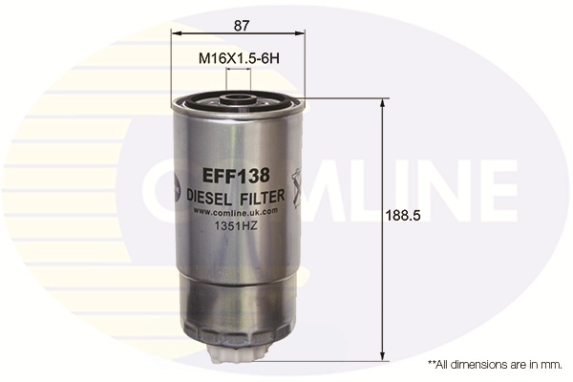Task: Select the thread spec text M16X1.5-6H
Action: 238,58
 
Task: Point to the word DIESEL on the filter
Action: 210,195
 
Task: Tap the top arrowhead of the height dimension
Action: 384,102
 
